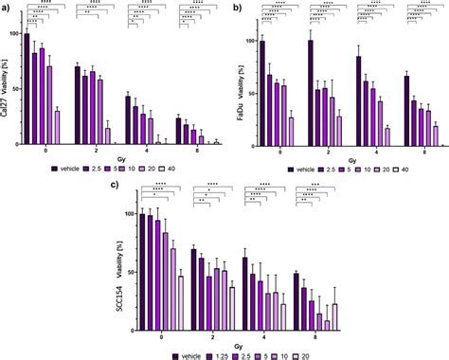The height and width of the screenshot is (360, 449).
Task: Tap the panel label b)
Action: click(x=232, y=7)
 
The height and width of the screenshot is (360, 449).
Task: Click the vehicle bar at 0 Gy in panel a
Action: click(x=27, y=89)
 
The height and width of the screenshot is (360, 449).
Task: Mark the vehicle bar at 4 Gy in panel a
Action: click(x=128, y=119)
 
